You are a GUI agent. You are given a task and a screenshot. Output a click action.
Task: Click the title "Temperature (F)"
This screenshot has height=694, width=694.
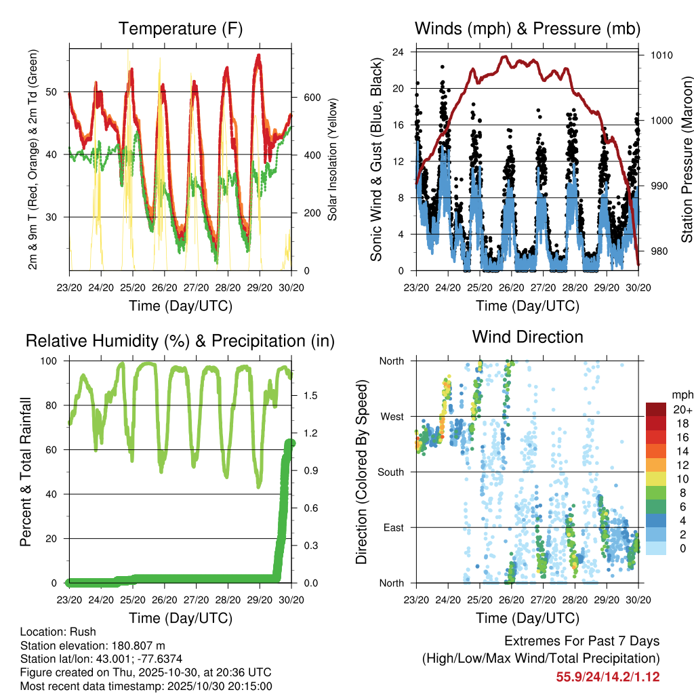pyautogui.click(x=180, y=28)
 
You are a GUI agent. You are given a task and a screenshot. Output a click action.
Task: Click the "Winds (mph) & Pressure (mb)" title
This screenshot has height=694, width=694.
pyautogui.click(x=527, y=28)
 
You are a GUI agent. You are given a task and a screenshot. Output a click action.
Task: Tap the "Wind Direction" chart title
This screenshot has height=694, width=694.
pyautogui.click(x=527, y=336)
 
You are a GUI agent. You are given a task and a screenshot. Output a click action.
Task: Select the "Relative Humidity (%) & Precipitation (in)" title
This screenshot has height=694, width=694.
pyautogui.click(x=180, y=341)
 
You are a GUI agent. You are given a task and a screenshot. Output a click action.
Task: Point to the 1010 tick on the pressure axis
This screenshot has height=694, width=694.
pyautogui.click(x=659, y=55)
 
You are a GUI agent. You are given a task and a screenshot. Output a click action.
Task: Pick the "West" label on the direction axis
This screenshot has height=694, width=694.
pyautogui.click(x=391, y=416)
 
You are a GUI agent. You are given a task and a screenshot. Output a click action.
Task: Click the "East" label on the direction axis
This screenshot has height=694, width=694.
pyautogui.click(x=392, y=527)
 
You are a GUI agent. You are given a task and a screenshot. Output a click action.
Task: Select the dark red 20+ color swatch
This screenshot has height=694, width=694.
pyautogui.click(x=656, y=409)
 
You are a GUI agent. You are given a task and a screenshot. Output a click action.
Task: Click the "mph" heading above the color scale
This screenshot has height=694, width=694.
pyautogui.click(x=680, y=394)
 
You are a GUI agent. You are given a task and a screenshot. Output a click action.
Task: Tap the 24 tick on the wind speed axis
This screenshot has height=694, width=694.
pyautogui.click(x=400, y=52)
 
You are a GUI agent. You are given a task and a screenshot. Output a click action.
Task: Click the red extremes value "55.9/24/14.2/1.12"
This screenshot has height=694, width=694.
pyautogui.click(x=608, y=676)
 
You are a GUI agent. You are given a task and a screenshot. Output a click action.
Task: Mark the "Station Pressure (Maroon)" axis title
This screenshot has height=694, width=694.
pyautogui.click(x=687, y=159)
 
